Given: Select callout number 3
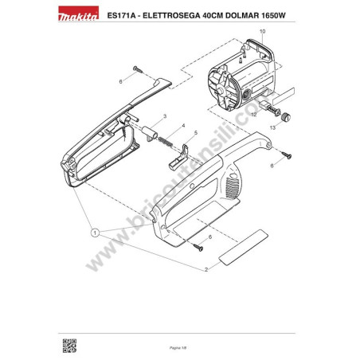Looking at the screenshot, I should (x=164, y=116).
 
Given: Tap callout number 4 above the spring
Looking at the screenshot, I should (x=183, y=126).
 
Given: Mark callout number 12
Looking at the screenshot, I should (x=253, y=115).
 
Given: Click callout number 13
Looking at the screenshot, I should (x=271, y=127).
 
